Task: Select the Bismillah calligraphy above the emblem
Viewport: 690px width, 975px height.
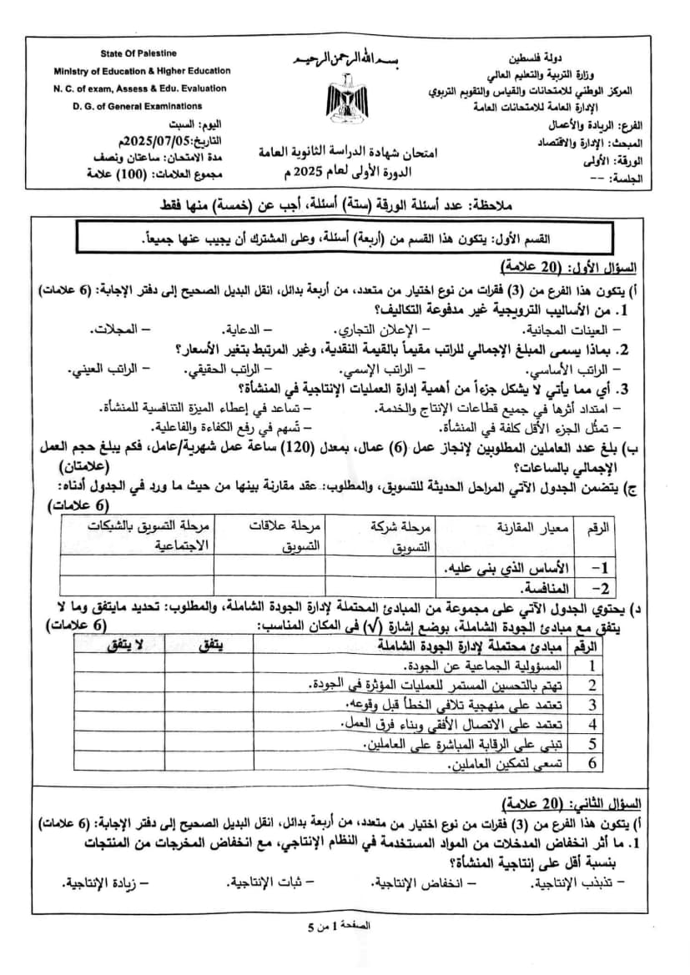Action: point(342,63)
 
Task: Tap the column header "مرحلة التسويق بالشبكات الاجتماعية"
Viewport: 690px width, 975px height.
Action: point(138,535)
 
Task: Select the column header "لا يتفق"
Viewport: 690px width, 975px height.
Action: point(127,646)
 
